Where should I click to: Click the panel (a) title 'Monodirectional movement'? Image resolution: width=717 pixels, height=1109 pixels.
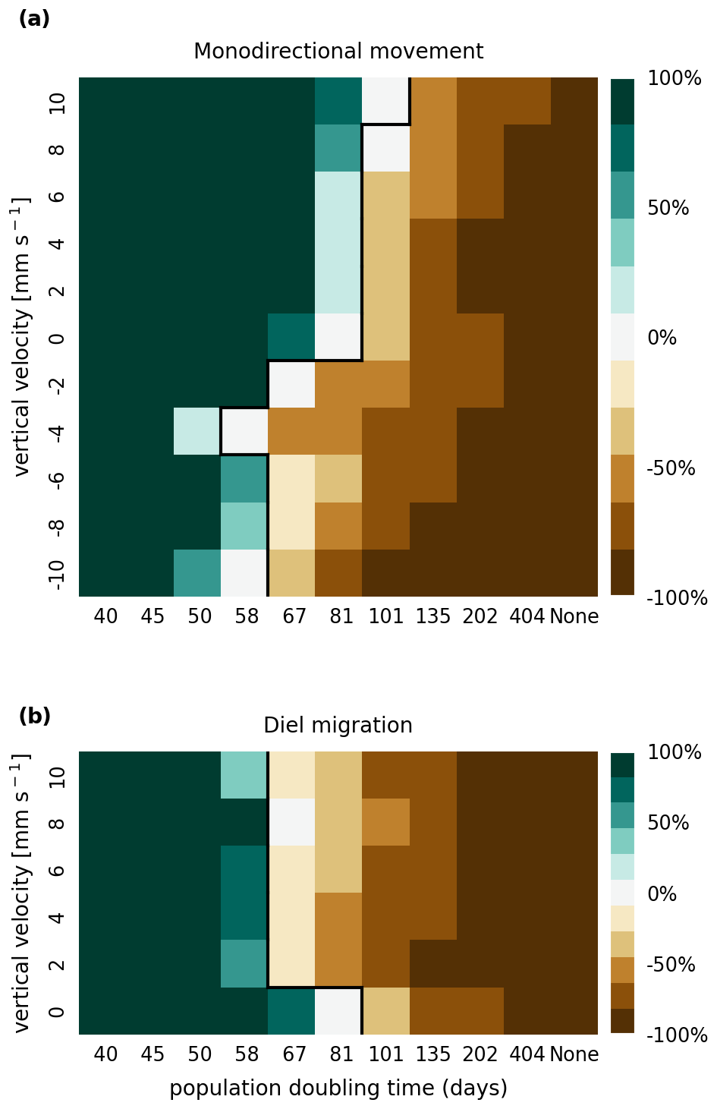[338, 52]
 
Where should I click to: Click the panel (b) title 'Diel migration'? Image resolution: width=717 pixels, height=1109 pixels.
[338, 726]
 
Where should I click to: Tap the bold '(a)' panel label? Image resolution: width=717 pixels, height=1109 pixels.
[34, 19]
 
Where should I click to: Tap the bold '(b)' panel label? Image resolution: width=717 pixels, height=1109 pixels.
[34, 716]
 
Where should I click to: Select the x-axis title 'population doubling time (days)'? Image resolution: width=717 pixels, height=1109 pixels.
[338, 1089]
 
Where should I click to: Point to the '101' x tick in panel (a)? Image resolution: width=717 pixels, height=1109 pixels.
[386, 616]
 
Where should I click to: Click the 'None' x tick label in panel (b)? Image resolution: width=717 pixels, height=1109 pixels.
[574, 1054]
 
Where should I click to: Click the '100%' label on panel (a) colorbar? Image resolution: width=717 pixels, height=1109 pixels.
[675, 78]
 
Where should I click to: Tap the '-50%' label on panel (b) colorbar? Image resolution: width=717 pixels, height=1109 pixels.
[671, 965]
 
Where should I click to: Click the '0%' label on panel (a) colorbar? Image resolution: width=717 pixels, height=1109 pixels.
[662, 338]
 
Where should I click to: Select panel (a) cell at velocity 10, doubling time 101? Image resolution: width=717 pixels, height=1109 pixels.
[386, 101]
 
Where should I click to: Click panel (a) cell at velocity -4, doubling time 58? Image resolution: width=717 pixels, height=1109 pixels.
[244, 431]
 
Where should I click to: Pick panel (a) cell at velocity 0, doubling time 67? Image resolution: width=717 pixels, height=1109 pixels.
[291, 337]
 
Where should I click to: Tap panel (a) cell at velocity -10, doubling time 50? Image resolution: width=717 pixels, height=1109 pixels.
[197, 573]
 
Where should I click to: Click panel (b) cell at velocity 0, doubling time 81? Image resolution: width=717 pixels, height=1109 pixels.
[338, 1011]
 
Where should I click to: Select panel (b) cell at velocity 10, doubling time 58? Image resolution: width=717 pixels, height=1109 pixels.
[244, 775]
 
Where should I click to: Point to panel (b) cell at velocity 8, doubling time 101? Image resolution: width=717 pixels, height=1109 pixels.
[386, 822]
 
